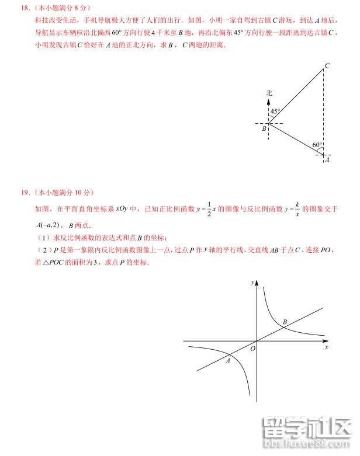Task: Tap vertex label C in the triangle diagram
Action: click(327, 66)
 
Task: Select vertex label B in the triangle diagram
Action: click(264, 128)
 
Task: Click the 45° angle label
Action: click(275, 112)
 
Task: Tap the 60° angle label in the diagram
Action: click(317, 145)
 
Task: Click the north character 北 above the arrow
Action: click(269, 93)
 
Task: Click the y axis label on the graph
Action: click(251, 282)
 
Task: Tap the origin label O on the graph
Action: click(252, 349)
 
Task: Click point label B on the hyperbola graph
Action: click(285, 322)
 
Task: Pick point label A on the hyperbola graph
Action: click(228, 361)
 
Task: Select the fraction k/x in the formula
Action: click(297, 208)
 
